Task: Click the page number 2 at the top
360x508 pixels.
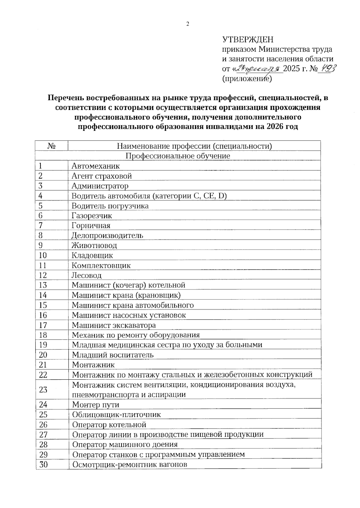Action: [187, 25]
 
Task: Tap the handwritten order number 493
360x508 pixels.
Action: [327, 68]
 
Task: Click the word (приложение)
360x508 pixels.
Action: [247, 79]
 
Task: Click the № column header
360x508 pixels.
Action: [52, 146]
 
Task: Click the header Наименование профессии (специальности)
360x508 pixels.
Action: [194, 146]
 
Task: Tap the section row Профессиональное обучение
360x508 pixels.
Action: [178, 156]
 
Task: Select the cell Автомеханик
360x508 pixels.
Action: [95, 166]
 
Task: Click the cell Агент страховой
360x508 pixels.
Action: [101, 176]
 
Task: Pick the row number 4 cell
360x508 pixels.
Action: [41, 196]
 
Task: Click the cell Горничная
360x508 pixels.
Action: [91, 225]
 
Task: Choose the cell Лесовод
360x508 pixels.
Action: [86, 275]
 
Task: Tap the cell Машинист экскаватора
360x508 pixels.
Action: [114, 325]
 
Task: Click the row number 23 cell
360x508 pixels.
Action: [43, 389]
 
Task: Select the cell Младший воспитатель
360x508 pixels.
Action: [112, 355]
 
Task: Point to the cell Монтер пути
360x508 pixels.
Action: [95, 405]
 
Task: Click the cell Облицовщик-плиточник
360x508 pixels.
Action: [116, 414]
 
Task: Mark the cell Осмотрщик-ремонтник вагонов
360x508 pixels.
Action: [130, 464]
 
